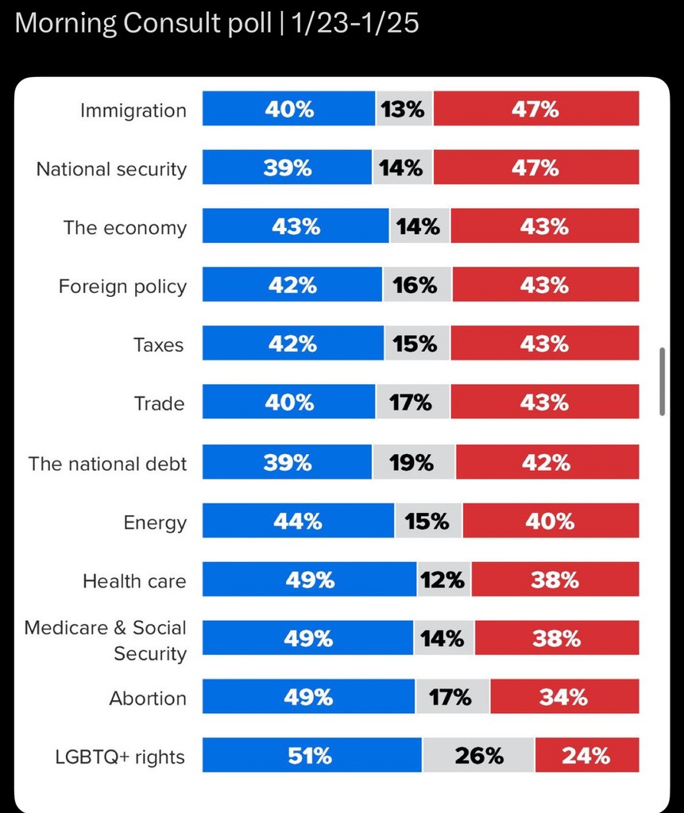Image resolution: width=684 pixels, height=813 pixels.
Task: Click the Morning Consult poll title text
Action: click(217, 23)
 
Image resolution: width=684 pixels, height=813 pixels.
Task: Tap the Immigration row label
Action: click(133, 110)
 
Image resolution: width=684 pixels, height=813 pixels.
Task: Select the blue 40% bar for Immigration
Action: click(288, 109)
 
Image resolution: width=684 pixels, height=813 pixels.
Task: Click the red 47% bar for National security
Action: click(535, 168)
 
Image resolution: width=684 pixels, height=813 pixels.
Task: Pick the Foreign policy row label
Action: click(122, 287)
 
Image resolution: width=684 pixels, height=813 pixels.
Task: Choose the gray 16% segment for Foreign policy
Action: click(417, 285)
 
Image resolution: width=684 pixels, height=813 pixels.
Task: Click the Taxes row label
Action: click(158, 345)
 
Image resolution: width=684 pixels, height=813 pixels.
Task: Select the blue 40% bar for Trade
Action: click(288, 403)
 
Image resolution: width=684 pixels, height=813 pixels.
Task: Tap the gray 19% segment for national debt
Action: click(413, 462)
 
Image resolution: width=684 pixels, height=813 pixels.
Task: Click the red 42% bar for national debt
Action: click(547, 462)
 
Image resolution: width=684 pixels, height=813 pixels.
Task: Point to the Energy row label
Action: click(155, 523)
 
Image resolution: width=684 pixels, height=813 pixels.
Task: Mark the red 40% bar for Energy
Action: click(551, 521)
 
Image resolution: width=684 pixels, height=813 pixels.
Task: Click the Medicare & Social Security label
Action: click(106, 641)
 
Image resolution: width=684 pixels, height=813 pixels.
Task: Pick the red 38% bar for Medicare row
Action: click(557, 638)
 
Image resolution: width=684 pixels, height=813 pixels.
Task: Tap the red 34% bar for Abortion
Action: click(564, 697)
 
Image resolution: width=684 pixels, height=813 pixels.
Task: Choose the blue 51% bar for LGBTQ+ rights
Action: click(311, 755)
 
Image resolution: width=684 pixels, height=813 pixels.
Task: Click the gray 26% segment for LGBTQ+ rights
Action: click(478, 755)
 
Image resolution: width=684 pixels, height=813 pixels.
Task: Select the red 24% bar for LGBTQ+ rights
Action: click(586, 755)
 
